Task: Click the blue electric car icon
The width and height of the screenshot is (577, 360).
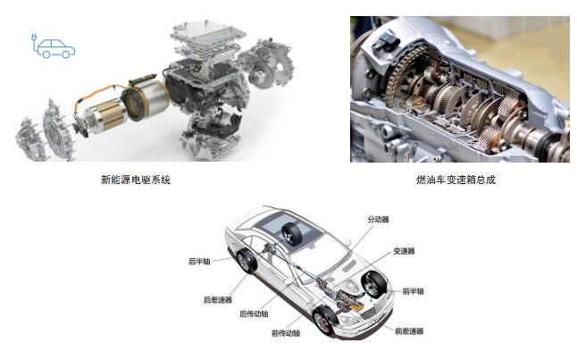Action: [x=54, y=46]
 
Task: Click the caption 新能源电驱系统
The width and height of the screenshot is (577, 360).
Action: [x=136, y=180]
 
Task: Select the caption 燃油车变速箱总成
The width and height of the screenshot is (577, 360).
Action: [x=456, y=180]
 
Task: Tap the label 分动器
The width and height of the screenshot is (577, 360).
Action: [x=379, y=220]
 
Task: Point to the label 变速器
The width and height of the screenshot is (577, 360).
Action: [x=404, y=251]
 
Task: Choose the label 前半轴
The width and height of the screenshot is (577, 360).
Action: [x=413, y=291]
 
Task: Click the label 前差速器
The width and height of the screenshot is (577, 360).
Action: [x=409, y=331]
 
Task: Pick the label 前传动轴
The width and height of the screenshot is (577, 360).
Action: [x=286, y=333]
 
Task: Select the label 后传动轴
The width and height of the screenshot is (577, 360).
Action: [x=254, y=314]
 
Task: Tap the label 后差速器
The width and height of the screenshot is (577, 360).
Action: [x=218, y=299]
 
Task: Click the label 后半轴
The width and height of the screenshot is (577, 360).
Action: [x=199, y=262]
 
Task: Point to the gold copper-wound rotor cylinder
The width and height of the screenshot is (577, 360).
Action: [x=105, y=115]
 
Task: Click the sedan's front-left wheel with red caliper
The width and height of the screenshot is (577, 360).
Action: [x=324, y=322]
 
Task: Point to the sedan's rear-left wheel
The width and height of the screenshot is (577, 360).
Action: [x=246, y=261]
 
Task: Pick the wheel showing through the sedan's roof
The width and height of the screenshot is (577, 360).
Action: [x=292, y=234]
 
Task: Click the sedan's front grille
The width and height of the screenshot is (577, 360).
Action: [x=372, y=312]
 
